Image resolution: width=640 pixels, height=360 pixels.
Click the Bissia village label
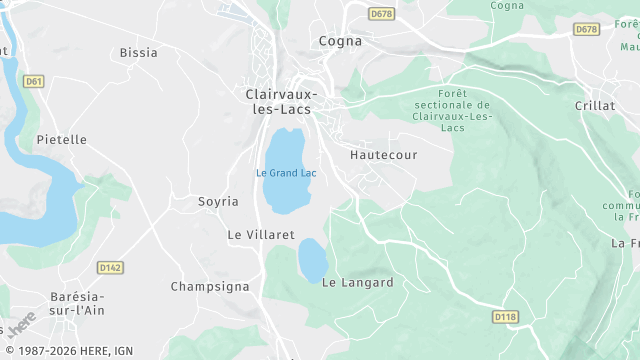click(x=138, y=52)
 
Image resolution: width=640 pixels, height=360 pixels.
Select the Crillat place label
click(x=595, y=105)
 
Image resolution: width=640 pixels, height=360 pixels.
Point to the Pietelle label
click(x=62, y=139)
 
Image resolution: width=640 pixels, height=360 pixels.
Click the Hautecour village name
click(x=384, y=155)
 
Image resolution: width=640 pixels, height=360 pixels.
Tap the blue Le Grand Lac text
click(x=286, y=172)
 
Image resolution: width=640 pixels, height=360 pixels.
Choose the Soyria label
click(x=218, y=201)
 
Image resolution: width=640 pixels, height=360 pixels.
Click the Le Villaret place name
click(x=261, y=234)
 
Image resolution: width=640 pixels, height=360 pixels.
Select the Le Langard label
click(x=357, y=282)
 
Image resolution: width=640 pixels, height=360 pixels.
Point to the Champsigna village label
click(x=209, y=286)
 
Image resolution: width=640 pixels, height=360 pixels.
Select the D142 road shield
click(x=110, y=267)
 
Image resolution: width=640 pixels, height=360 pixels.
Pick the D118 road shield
click(x=506, y=317)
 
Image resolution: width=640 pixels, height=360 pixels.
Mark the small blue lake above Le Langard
click(x=313, y=260)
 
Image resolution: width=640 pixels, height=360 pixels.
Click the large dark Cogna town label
click(x=339, y=41)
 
